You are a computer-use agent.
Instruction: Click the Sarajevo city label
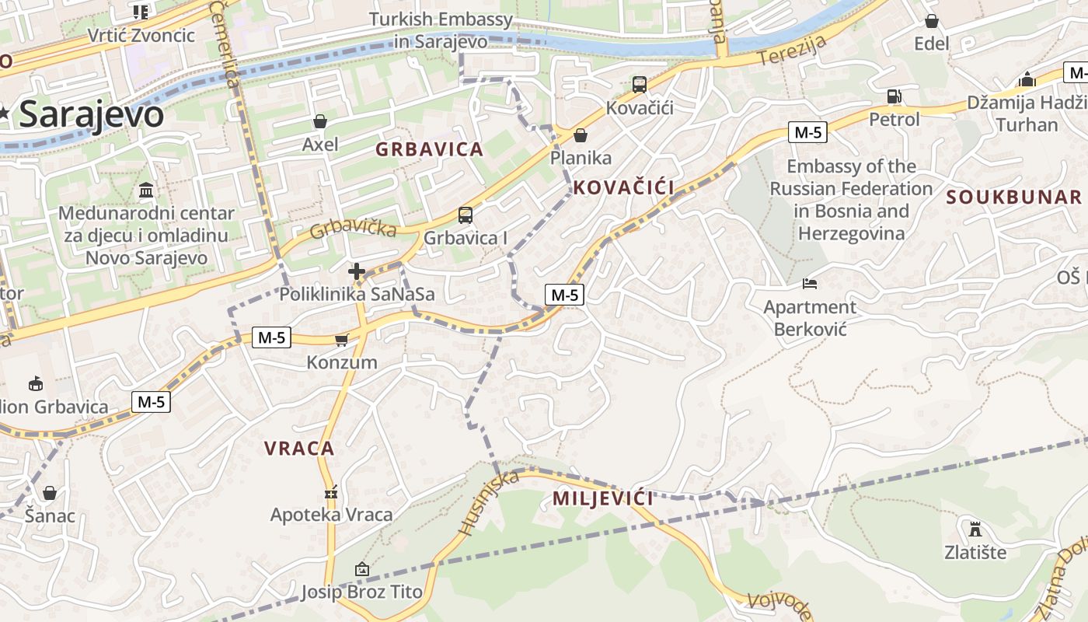pos(91,115)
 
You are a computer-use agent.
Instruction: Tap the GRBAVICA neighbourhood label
pos(429,149)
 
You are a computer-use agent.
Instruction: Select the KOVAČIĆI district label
pos(624,187)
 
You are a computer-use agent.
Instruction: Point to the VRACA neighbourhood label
pos(299,448)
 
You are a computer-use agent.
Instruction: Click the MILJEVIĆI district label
pos(603,498)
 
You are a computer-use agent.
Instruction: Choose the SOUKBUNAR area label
pos(1014,197)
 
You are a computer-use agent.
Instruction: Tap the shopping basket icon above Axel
pos(319,121)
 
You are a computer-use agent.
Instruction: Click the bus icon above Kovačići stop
pos(639,84)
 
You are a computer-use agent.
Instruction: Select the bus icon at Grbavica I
pos(465,215)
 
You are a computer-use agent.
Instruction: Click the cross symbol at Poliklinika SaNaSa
pos(357,271)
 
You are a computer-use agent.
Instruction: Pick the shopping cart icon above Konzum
pos(341,339)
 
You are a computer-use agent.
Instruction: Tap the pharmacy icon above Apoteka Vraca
pos(332,492)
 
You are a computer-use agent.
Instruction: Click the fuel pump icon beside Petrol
pos(894,96)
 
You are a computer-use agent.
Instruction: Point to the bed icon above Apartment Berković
pos(809,284)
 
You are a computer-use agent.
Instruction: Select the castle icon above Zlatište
pos(975,529)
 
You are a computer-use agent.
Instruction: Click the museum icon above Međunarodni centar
pos(145,190)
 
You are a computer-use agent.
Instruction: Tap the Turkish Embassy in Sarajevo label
pos(441,30)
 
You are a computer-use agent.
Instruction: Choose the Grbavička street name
pos(353,229)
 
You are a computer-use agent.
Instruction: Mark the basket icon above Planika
pos(580,135)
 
